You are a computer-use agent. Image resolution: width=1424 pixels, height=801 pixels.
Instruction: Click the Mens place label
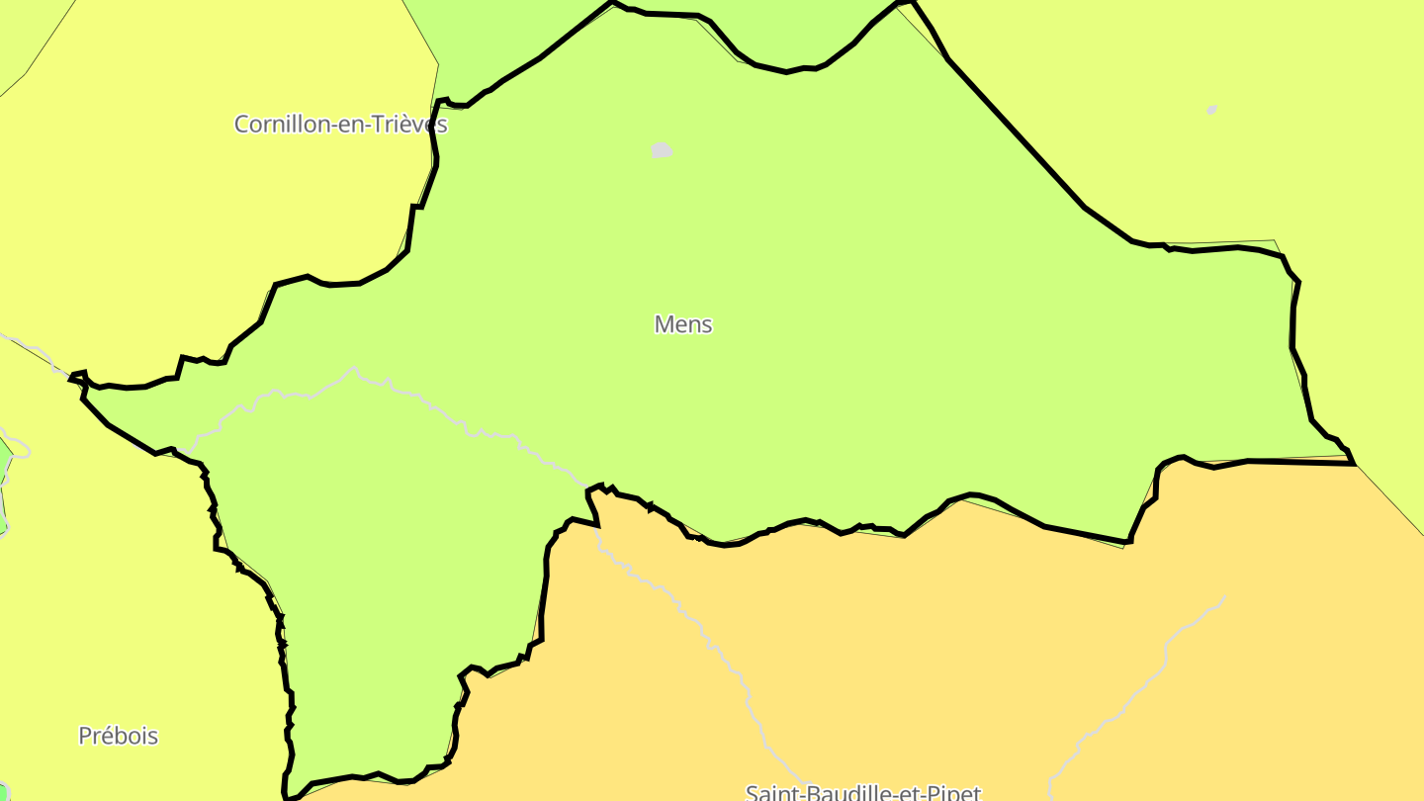(x=683, y=324)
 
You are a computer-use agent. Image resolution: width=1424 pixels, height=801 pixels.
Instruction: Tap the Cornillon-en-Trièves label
(x=340, y=125)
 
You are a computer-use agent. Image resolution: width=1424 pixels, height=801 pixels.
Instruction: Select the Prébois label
(x=118, y=736)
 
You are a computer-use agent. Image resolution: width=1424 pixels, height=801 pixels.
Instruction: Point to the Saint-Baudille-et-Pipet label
(x=862, y=792)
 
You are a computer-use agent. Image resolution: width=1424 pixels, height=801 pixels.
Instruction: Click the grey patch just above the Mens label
(x=662, y=150)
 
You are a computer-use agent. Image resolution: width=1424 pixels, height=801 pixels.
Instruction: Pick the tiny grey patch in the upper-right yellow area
(x=1212, y=110)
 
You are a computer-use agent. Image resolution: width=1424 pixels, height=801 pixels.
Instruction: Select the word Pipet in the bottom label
(x=951, y=792)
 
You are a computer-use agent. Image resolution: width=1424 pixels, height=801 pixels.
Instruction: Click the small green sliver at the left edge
(x=3, y=494)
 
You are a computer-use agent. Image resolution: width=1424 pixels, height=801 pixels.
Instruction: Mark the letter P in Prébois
(x=85, y=736)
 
